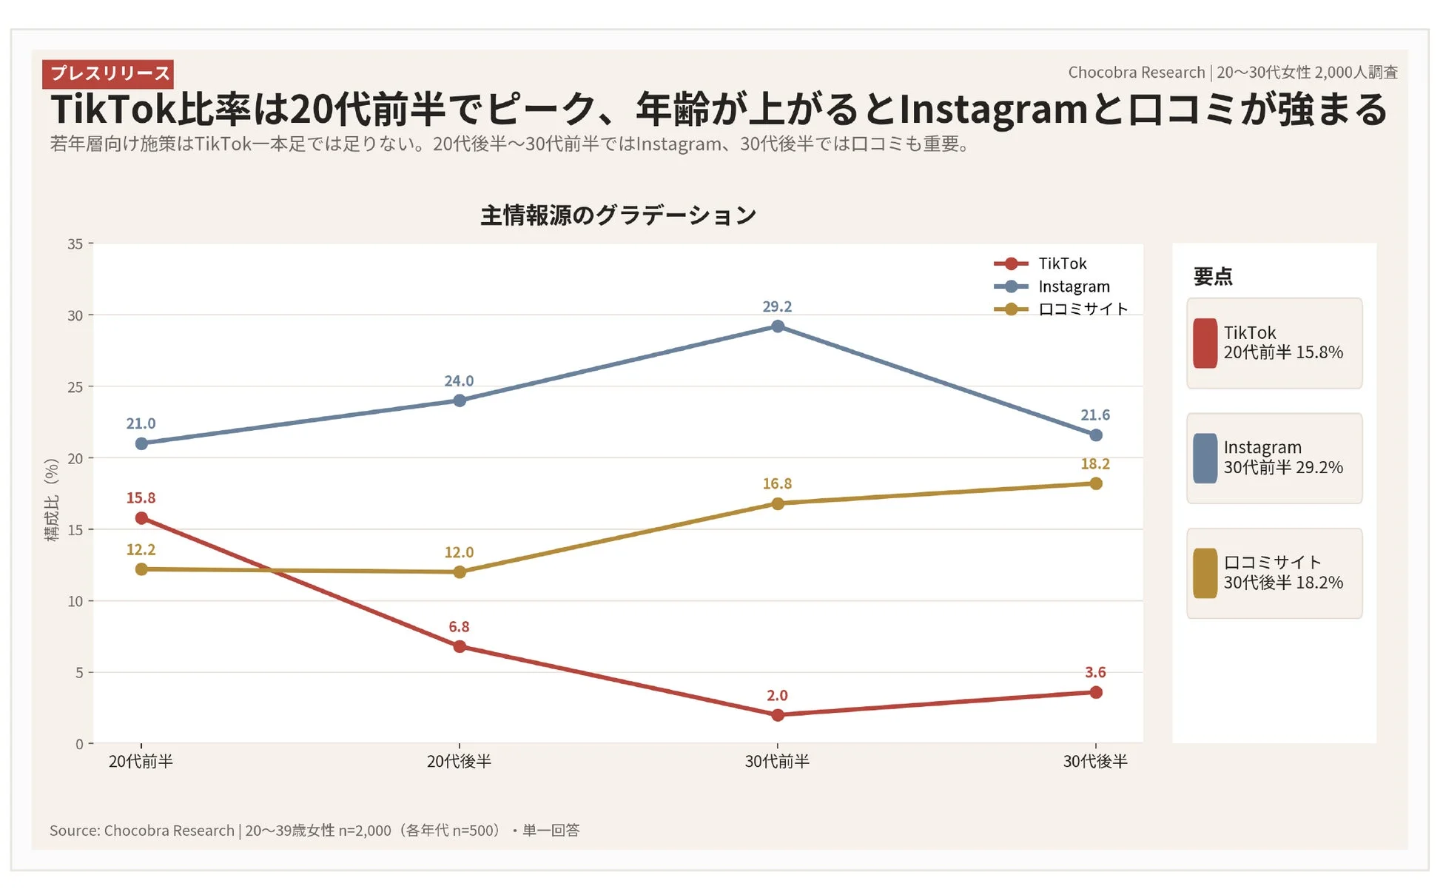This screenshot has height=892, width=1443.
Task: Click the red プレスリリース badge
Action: pos(108,73)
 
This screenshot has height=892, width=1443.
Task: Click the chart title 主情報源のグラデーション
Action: pos(618,215)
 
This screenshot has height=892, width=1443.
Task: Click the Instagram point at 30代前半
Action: pos(778,326)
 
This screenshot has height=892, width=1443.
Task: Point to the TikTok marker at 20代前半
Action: pos(141,518)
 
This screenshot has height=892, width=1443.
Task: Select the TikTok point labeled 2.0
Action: pos(778,715)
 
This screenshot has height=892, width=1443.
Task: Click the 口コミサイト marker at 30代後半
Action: pos(1096,483)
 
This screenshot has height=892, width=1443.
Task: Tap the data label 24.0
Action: pos(459,381)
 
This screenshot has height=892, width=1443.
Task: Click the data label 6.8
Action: pos(459,627)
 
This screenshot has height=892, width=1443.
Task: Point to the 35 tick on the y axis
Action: pos(75,244)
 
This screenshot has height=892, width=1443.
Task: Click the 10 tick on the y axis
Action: pos(75,601)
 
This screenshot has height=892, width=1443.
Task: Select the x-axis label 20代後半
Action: pos(459,762)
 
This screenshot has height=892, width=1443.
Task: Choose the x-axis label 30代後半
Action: pos(1095,762)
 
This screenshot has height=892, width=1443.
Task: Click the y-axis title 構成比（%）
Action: pos(52,500)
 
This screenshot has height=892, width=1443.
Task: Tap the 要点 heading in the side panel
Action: pos(1213,277)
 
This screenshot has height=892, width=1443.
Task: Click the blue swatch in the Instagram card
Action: pos(1205,458)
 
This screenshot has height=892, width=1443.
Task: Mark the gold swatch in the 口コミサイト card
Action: pos(1205,573)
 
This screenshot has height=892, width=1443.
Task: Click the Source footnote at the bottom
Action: pos(314,831)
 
